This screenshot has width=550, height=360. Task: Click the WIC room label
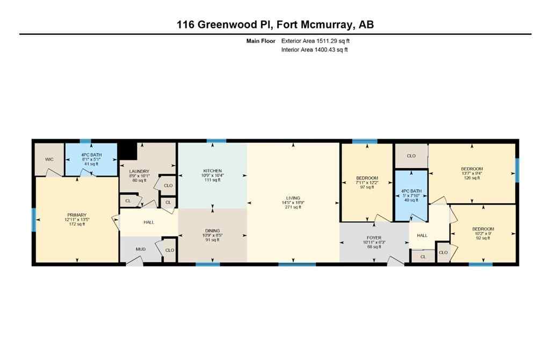(49, 160)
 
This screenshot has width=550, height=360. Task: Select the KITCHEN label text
(213, 170)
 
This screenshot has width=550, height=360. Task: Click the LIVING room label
(293, 198)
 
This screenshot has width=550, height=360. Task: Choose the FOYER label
(374, 237)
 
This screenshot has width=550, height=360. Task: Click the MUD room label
(140, 249)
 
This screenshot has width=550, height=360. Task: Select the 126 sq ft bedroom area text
(472, 178)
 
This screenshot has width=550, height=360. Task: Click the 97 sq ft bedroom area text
(367, 187)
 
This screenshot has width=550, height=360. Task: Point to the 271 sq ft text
(293, 207)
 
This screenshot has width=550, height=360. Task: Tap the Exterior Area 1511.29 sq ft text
(317, 40)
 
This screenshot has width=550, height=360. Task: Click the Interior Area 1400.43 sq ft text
(314, 50)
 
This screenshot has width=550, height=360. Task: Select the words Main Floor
(260, 40)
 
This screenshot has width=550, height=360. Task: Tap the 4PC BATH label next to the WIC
(91, 155)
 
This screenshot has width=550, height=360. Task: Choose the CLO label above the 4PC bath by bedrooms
(411, 156)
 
